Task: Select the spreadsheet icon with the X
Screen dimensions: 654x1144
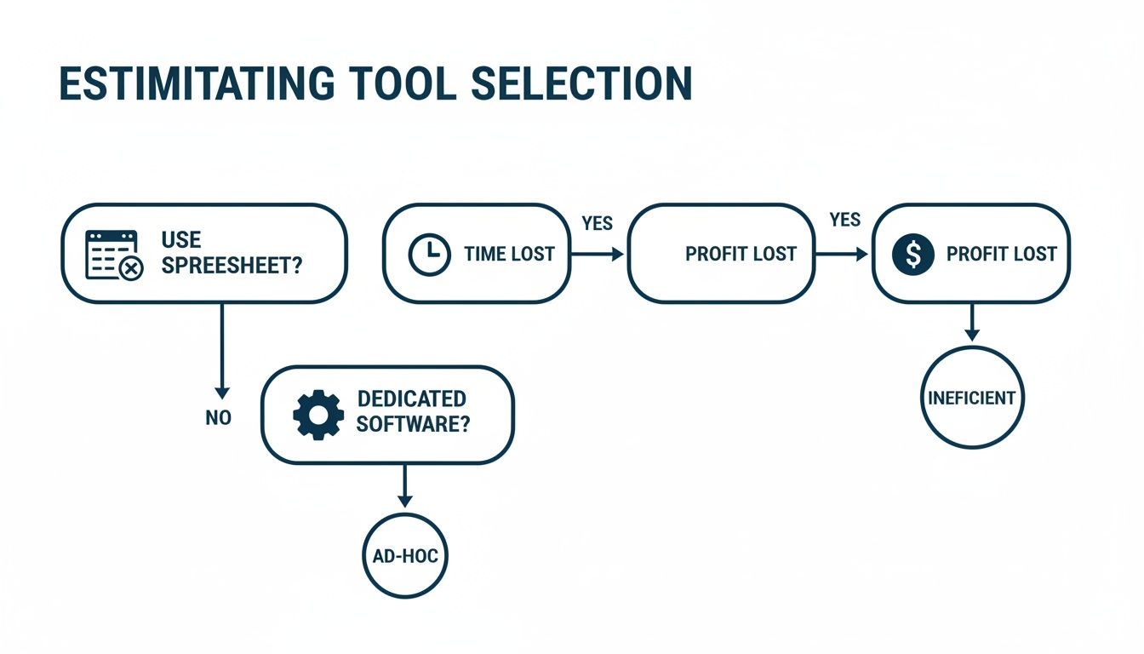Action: point(112,254)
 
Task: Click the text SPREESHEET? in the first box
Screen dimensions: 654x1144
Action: point(231,266)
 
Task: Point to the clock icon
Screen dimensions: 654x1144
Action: point(430,254)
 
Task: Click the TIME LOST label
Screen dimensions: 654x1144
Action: point(509,254)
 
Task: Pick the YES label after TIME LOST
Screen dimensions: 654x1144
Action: point(597,224)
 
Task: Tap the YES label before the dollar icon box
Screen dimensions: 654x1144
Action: point(844,221)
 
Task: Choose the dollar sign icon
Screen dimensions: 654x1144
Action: point(913,254)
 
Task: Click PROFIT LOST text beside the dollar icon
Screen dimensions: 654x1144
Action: point(1001,254)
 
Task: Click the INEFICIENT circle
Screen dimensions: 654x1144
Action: point(972,398)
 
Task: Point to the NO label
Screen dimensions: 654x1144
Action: point(219,418)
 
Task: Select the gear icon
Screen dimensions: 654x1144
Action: point(317,415)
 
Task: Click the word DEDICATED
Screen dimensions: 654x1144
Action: point(411,399)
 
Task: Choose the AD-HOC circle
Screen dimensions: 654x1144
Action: point(405,556)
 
